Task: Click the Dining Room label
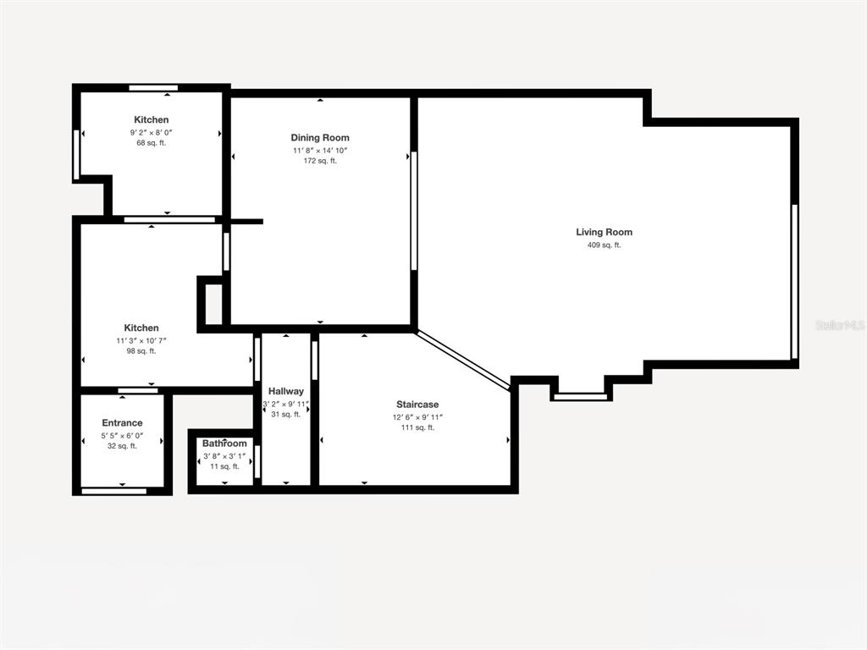click(320, 138)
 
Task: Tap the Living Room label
click(604, 232)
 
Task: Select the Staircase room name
click(417, 405)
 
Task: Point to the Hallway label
click(286, 391)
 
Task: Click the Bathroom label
click(224, 443)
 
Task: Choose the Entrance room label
click(122, 423)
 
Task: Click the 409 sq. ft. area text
click(604, 245)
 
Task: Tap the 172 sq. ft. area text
click(320, 161)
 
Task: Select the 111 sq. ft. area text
click(417, 427)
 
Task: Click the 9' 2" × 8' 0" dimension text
click(152, 133)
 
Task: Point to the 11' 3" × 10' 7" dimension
click(141, 340)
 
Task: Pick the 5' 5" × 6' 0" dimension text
click(122, 436)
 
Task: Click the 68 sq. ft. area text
click(152, 142)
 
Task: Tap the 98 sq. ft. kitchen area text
click(141, 350)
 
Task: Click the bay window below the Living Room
click(581, 396)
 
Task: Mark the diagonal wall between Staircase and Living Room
click(463, 361)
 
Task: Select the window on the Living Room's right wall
click(794, 281)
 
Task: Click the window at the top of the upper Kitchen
click(154, 87)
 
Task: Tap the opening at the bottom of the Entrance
click(114, 491)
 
